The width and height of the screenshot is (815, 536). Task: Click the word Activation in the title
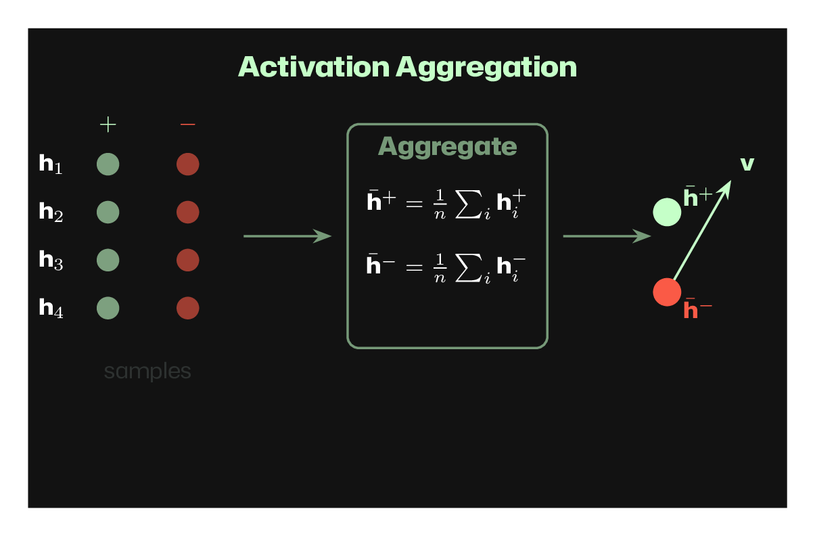(315, 67)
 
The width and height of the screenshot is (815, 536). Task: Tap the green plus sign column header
(108, 124)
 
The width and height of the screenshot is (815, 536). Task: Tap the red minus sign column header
(187, 124)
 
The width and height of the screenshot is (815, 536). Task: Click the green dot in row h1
(108, 164)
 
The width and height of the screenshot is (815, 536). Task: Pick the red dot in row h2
(187, 213)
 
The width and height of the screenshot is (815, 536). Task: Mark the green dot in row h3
(108, 261)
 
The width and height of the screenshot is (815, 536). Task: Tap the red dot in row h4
(187, 309)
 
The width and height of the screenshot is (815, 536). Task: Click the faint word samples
(147, 372)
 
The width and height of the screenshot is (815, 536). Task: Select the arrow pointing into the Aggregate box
(287, 236)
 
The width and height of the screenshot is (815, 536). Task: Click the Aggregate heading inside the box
(447, 147)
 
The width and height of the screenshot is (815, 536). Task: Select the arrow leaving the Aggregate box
(606, 236)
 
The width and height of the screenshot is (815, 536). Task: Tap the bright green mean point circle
(666, 213)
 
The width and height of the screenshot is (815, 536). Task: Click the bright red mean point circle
(666, 292)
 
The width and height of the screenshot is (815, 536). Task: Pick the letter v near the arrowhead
(747, 164)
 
